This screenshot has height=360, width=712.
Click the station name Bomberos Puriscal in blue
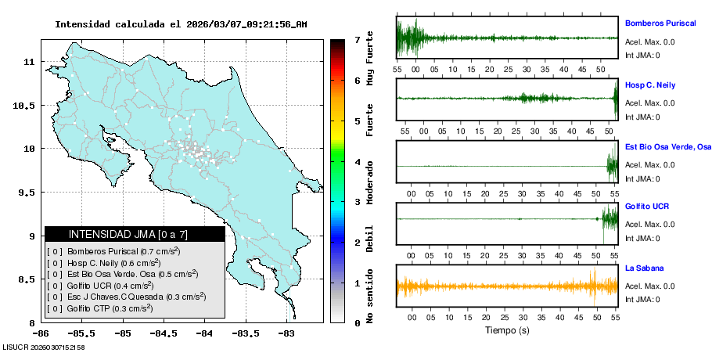coord(660,23)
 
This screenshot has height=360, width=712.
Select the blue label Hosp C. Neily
coord(650,85)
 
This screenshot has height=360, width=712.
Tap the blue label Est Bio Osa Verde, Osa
coord(668,146)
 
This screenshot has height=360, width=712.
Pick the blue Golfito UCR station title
coord(647,207)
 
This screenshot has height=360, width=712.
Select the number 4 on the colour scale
coord(357,161)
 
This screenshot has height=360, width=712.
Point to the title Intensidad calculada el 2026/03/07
coord(181,24)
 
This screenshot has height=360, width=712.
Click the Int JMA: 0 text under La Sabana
coord(642,300)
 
